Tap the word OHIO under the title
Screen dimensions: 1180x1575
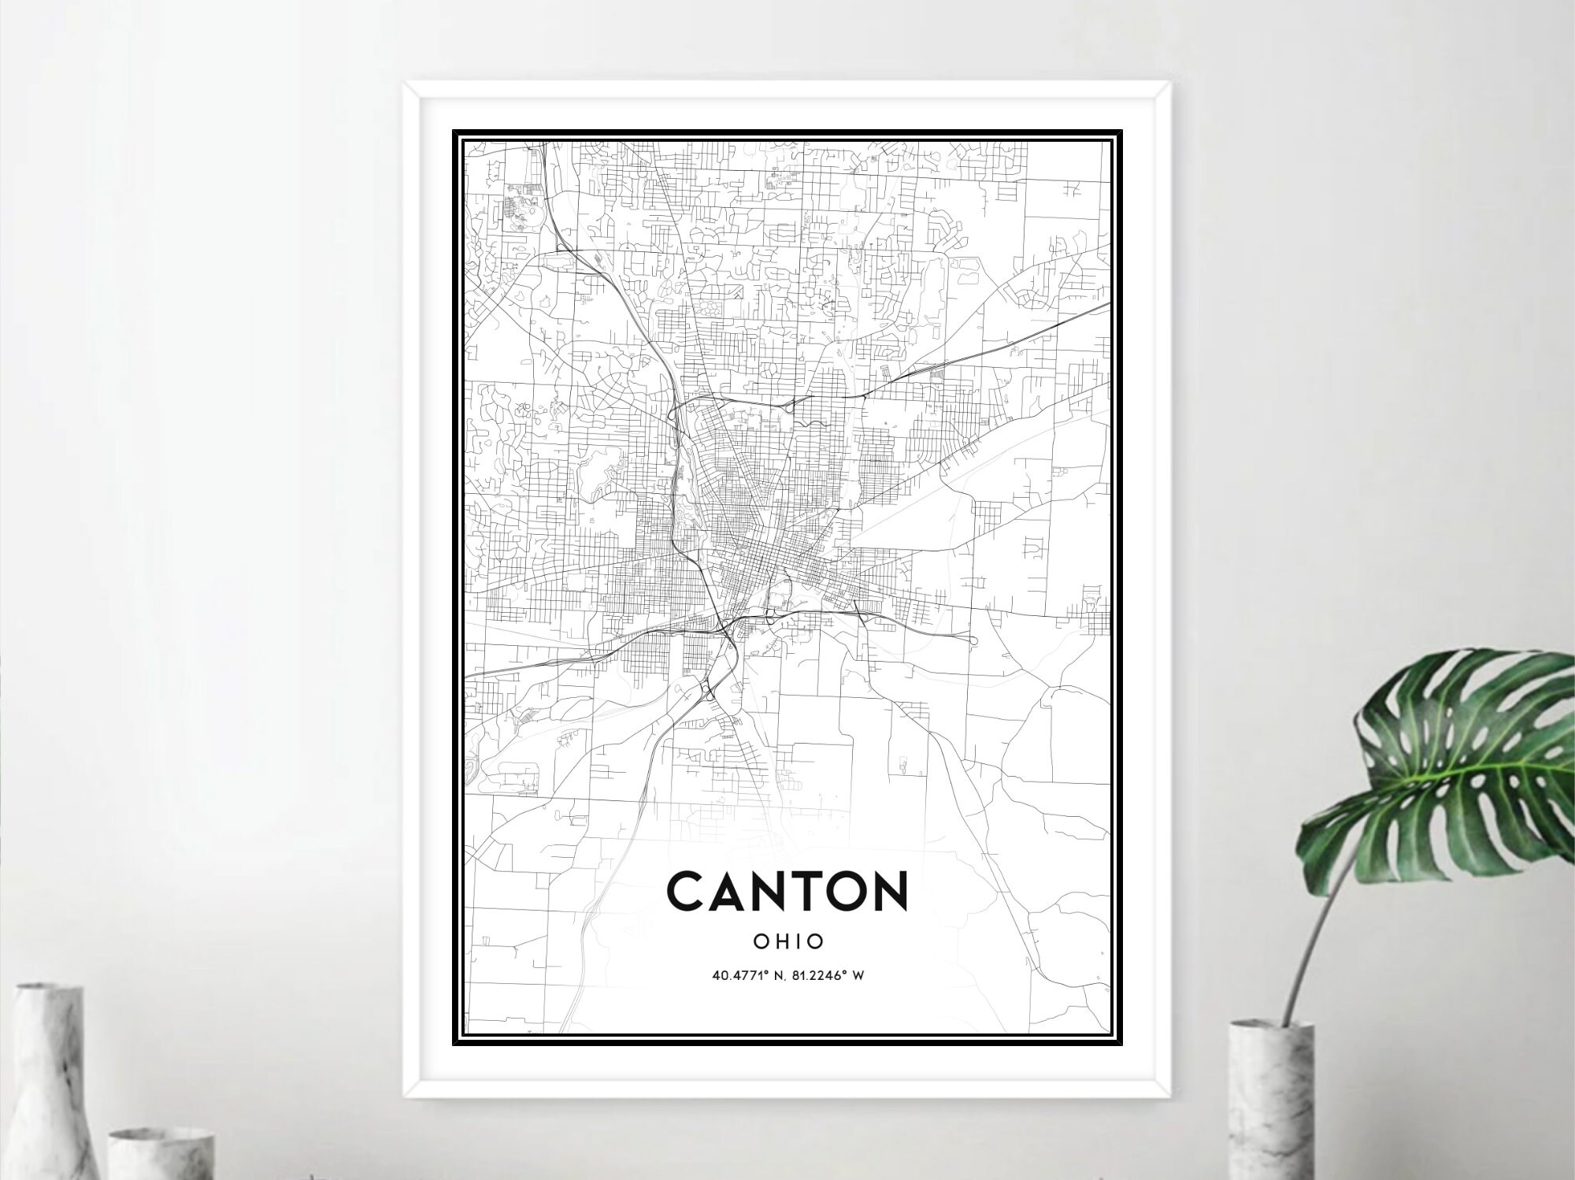point(787,941)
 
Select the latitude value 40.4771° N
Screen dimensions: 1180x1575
point(748,976)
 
